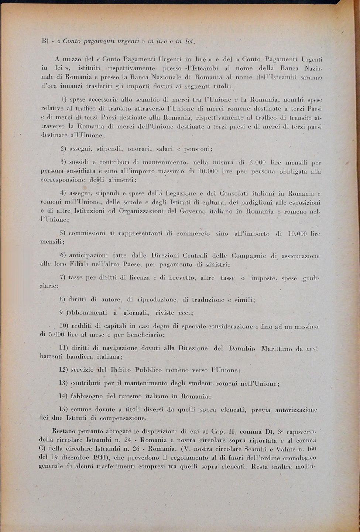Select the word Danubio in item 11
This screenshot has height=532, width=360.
point(242,348)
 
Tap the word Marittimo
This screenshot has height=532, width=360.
point(277,348)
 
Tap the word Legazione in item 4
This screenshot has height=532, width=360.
point(186,194)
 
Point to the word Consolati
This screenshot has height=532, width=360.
point(235,194)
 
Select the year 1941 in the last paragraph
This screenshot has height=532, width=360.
point(97,458)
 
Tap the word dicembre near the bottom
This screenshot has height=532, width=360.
point(69,458)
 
